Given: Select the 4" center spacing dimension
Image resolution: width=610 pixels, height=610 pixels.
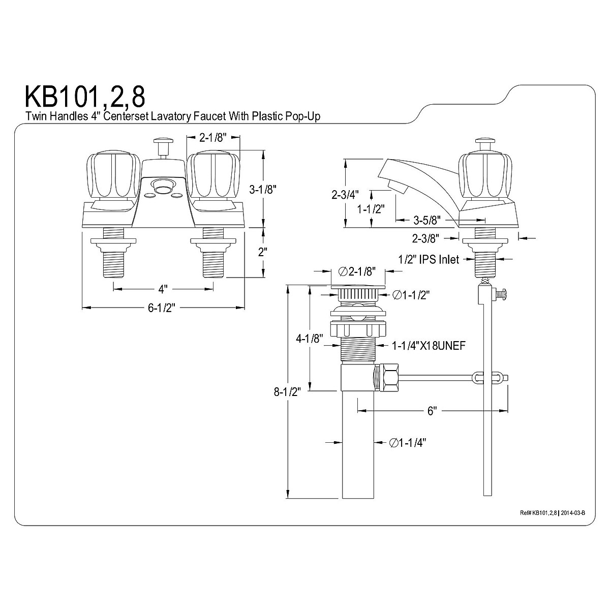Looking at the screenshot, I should tap(163, 289).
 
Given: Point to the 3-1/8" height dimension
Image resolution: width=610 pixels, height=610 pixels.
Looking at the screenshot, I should tap(262, 190).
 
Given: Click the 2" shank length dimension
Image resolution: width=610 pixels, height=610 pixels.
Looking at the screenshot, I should tap(262, 252).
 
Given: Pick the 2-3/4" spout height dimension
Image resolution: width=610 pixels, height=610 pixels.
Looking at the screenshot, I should tap(345, 194).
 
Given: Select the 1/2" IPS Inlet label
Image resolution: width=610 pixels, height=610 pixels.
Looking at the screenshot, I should tap(429, 259).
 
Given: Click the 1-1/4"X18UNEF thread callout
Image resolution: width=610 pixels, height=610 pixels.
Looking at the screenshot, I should tap(429, 346).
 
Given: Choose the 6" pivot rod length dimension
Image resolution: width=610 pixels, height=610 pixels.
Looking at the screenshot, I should tap(432, 411).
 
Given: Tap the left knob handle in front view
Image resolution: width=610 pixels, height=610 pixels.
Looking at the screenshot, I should tap(110, 177).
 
